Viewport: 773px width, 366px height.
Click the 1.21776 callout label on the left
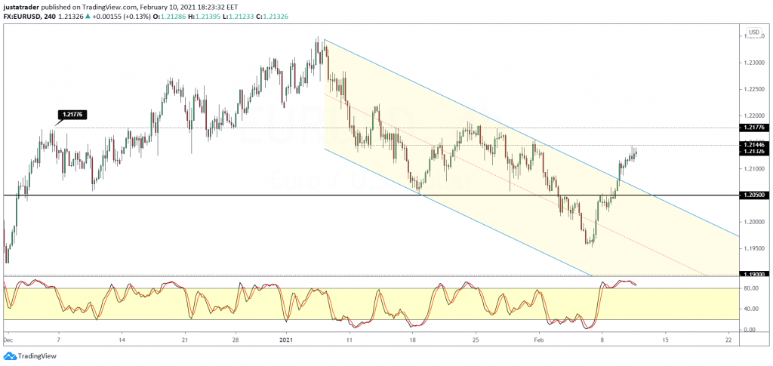coord(72,115)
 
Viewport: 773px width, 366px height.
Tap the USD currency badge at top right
coord(753,32)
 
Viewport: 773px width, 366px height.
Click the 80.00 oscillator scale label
coord(750,288)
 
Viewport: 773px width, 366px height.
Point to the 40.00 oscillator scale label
coord(750,309)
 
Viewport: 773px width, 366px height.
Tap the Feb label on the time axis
coord(538,340)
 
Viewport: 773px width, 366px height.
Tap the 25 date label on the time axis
coord(476,340)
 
